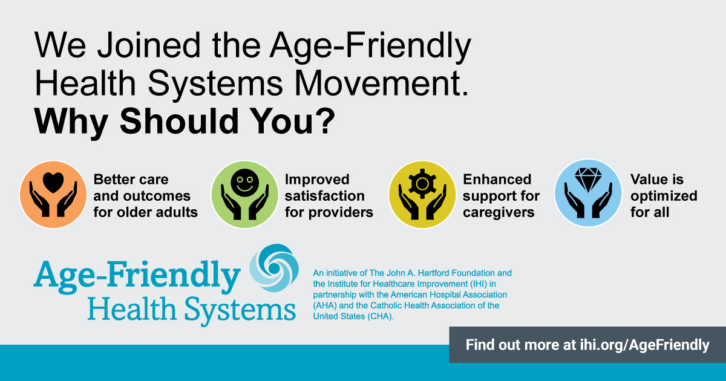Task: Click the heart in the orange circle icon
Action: pos(53,183)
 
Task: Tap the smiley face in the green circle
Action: pos(244,183)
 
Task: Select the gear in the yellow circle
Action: pos(422,184)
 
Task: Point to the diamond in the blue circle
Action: pos(588,180)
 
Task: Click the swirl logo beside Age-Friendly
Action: pos(274,269)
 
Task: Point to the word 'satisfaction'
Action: pos(325,196)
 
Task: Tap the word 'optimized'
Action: pos(664,197)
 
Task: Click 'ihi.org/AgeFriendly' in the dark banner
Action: pos(645,345)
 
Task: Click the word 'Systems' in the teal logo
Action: pos(240,310)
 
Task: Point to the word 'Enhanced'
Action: pos(497,180)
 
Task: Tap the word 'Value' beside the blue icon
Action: pos(647,180)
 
